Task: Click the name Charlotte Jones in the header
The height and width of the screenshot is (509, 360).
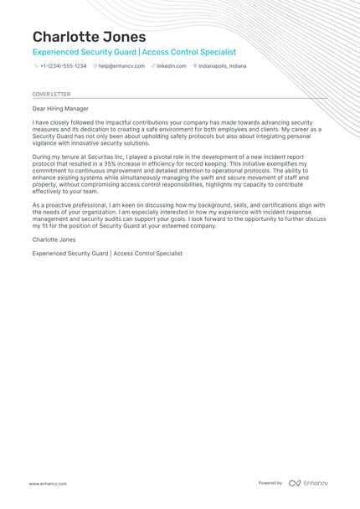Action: tap(89, 37)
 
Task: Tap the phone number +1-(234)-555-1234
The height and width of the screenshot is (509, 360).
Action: tap(63, 65)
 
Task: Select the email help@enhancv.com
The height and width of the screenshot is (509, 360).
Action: tap(119, 65)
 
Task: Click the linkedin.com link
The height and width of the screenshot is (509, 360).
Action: tap(172, 65)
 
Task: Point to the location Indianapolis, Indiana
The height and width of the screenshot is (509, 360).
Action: tap(222, 65)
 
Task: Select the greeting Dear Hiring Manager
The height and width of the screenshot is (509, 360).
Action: tap(60, 109)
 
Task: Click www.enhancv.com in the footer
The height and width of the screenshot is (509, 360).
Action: tap(48, 483)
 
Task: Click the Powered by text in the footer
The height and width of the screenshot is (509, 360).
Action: tap(270, 483)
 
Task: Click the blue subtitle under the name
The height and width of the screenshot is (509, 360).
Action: tap(134, 52)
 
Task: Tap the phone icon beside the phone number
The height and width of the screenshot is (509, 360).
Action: tap(36, 65)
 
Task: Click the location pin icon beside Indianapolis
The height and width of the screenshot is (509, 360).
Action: tap(194, 65)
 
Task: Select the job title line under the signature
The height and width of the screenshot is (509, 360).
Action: tap(107, 253)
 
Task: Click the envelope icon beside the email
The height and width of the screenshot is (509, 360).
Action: tap(95, 65)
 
